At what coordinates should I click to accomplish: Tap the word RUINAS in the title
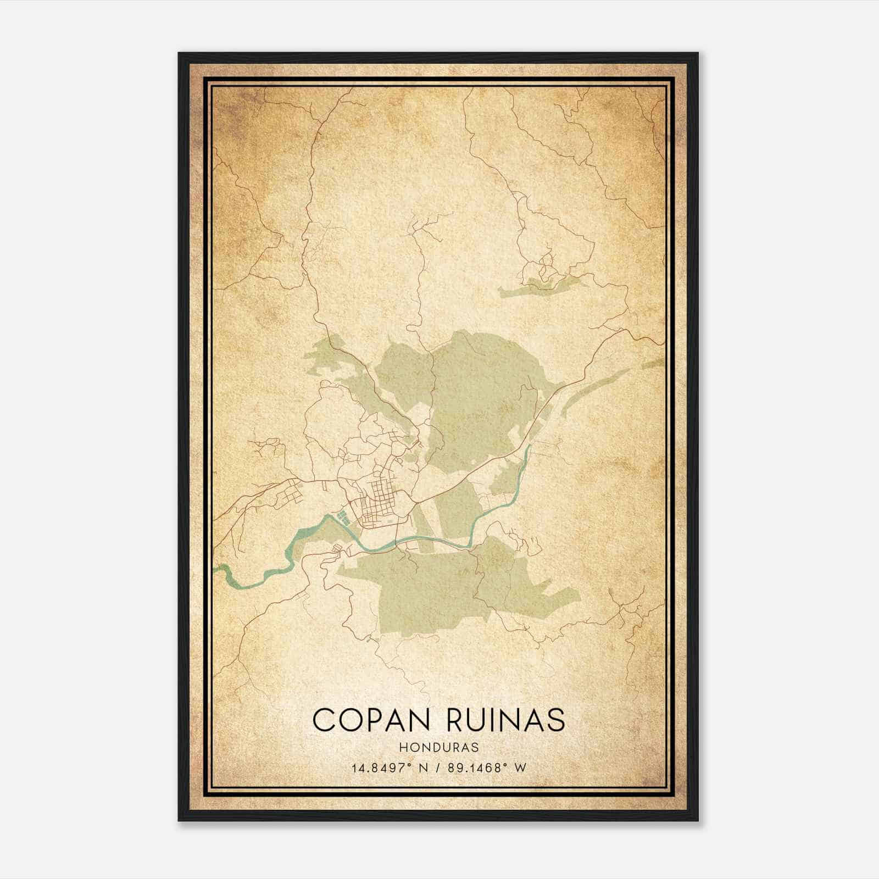point(506,720)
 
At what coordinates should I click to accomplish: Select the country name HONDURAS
point(439,748)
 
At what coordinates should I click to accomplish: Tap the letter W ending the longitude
point(521,767)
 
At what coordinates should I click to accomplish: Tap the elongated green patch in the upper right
point(541,286)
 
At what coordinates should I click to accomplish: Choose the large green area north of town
point(478,396)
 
